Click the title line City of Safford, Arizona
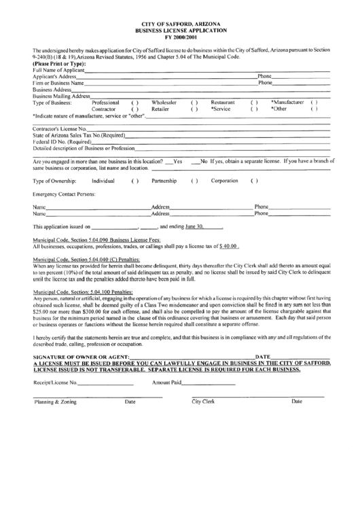(180, 24)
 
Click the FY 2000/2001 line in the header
(180, 37)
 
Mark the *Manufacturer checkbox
(314, 102)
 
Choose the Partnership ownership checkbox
(194, 181)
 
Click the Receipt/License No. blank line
(105, 383)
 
